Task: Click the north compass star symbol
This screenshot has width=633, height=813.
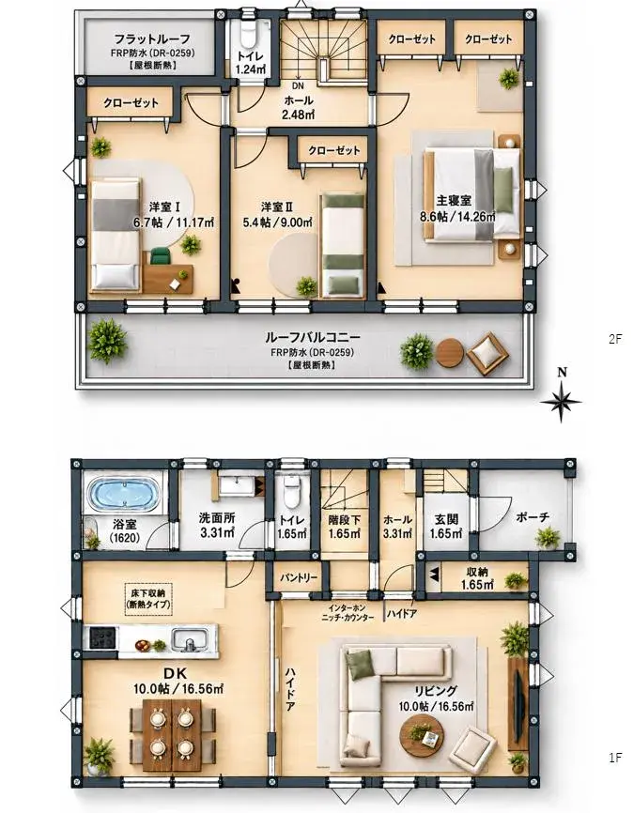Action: (x=561, y=401)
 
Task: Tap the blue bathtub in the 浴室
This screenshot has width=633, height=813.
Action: (x=123, y=494)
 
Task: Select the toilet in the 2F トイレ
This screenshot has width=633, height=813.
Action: (x=247, y=35)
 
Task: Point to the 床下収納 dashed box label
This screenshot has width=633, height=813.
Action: (x=147, y=599)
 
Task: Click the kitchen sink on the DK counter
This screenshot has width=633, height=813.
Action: (x=191, y=638)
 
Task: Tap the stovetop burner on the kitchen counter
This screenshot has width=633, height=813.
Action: (x=102, y=637)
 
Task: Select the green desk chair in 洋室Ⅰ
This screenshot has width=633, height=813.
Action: (x=161, y=256)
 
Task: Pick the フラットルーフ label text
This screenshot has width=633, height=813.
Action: (x=152, y=38)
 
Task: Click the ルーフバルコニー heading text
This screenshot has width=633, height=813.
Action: (x=313, y=338)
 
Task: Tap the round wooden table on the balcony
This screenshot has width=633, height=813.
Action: (x=449, y=353)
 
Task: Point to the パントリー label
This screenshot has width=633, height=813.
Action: (x=299, y=577)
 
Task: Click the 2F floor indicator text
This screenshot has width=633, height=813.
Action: (x=615, y=340)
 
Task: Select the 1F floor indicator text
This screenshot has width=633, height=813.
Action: (x=615, y=758)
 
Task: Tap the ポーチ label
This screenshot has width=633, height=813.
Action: (x=533, y=517)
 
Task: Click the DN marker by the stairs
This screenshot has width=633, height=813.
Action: (x=298, y=86)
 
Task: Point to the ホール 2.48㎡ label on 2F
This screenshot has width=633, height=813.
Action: (x=299, y=107)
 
